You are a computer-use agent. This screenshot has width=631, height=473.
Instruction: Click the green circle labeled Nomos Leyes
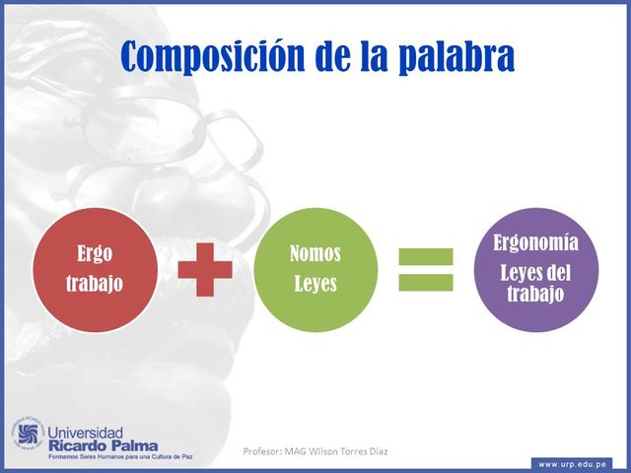click(315, 269)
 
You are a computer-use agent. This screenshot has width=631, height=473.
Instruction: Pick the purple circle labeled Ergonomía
click(537, 269)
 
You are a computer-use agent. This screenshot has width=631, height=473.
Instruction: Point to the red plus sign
click(205, 269)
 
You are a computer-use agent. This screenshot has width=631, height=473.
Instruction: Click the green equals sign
click(426, 269)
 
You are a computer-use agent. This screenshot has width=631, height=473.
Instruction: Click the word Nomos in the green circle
click(315, 254)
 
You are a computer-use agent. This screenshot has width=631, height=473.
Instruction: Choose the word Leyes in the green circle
click(315, 285)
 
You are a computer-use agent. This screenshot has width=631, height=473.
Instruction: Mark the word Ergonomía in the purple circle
click(537, 242)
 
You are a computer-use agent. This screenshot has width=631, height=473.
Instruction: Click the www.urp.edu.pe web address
click(573, 463)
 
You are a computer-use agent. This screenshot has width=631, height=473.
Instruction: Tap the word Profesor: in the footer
click(263, 451)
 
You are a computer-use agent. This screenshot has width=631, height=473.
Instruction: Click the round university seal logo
click(27, 435)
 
